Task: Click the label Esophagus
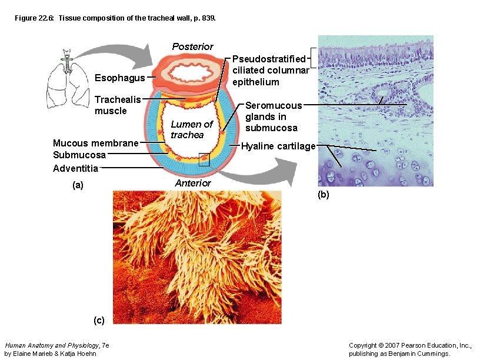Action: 119,78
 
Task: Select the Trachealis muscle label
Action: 118,105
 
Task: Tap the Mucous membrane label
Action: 95,143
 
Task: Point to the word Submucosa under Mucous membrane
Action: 79,155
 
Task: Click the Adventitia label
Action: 75,168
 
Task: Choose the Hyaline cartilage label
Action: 278,146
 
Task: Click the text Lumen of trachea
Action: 191,129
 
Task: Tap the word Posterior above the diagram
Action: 192,46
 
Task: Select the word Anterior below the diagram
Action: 192,183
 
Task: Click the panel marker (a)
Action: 78,185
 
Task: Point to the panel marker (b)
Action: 324,195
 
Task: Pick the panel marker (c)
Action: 99,320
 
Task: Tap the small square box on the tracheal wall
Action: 204,159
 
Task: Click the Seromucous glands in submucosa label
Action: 274,116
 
